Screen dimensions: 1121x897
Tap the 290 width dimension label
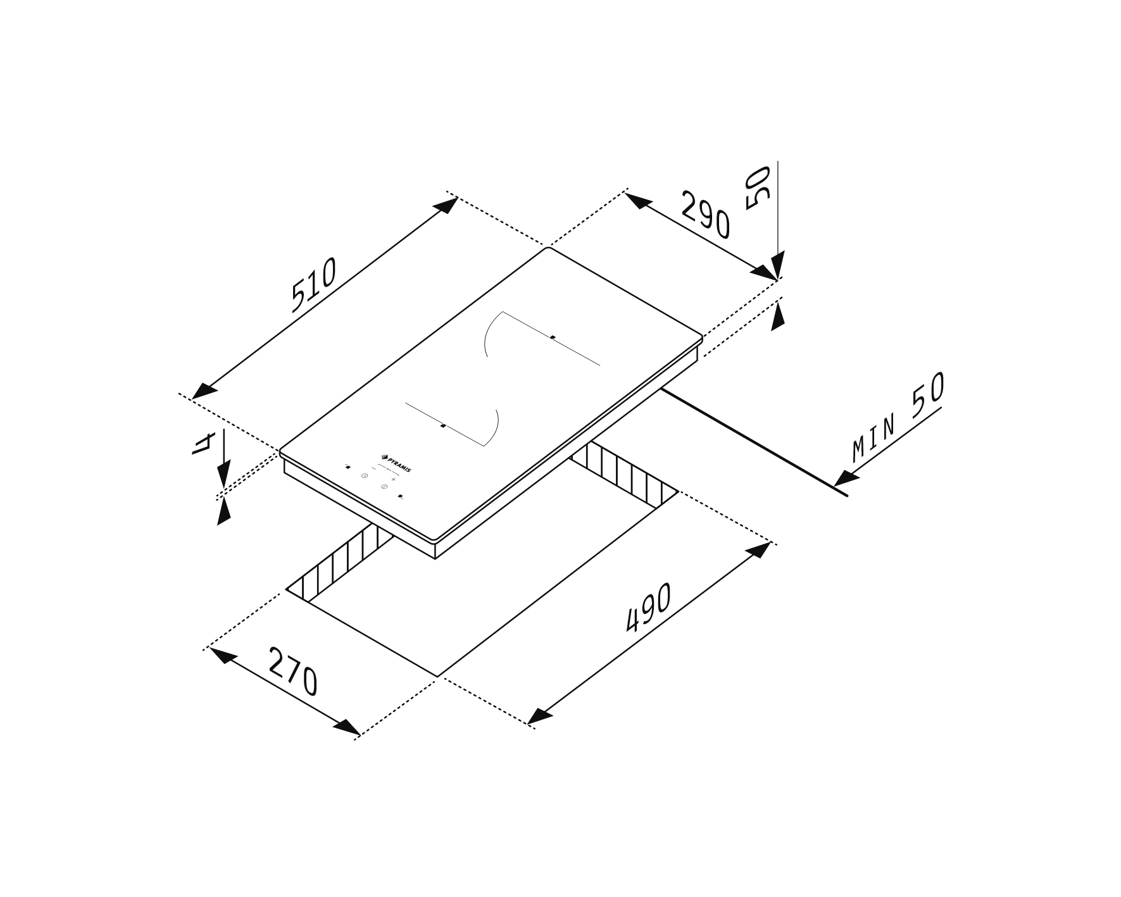click(x=705, y=215)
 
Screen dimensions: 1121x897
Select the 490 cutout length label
click(x=648, y=608)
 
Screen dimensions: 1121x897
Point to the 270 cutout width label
click(x=292, y=671)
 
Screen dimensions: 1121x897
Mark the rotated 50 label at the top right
click(x=758, y=187)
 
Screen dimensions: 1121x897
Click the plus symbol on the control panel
click(x=393, y=480)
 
